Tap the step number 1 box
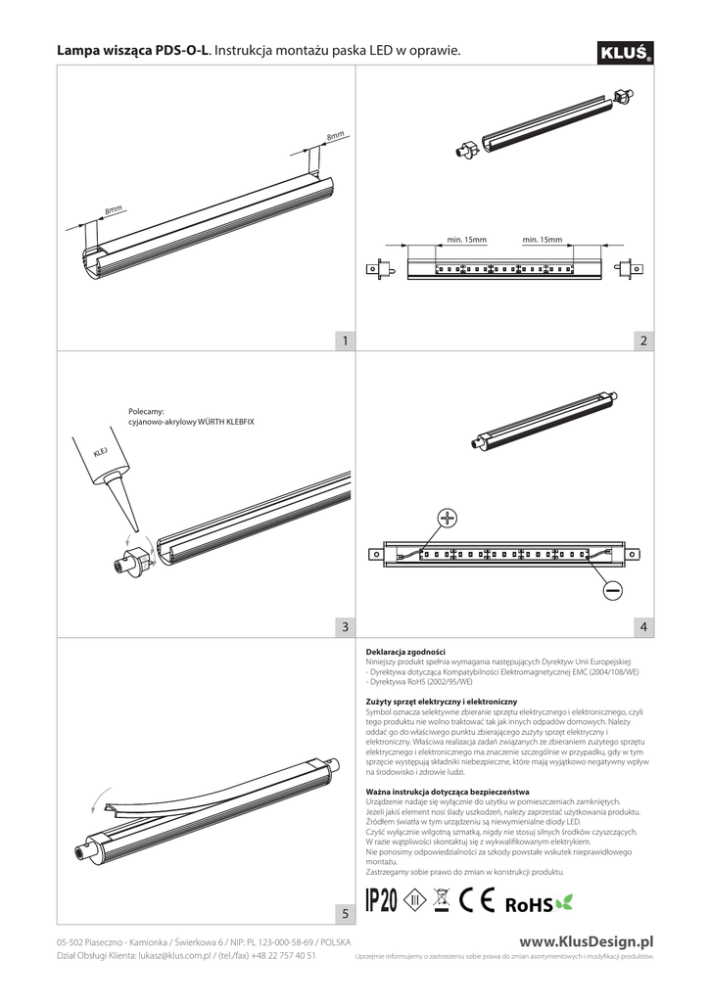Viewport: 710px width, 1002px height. [344, 341]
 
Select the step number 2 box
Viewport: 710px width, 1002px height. [642, 341]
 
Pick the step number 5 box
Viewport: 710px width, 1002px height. [344, 913]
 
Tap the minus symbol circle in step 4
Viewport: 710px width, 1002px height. [612, 591]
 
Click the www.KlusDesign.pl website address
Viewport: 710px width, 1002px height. [586, 940]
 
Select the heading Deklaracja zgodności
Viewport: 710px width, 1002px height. [404, 651]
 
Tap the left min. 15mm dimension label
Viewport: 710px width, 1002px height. [466, 239]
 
